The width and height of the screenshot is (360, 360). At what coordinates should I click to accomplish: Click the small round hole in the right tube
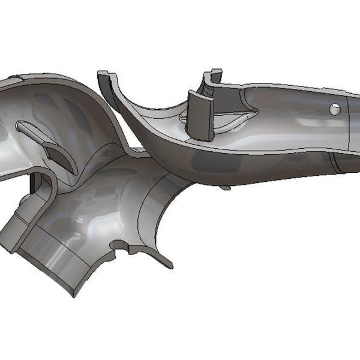335,109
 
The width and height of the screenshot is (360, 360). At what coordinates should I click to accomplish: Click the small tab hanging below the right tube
225,188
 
